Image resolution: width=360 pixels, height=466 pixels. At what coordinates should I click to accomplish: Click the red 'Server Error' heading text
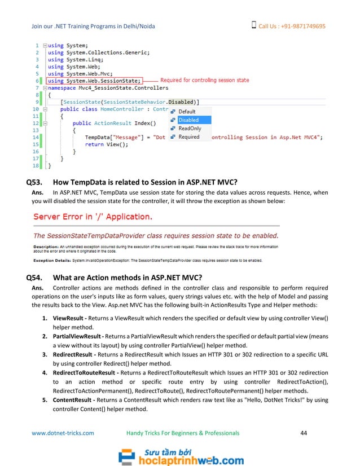(94, 216)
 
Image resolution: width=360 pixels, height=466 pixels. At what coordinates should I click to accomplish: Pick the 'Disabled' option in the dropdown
(188, 120)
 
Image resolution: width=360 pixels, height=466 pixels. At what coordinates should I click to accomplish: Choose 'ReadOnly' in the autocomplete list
(190, 129)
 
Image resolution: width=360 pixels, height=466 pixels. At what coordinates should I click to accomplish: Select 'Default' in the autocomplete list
(187, 112)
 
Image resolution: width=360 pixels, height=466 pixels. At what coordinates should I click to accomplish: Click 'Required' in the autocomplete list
(189, 137)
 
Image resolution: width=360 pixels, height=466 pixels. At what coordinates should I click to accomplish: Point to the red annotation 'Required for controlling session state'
(205, 81)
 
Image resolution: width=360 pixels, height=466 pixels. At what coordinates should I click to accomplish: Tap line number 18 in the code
(36, 166)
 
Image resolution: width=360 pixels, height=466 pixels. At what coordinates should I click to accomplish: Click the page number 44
(304, 433)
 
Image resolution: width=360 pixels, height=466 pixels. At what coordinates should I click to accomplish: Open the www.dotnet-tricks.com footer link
(63, 433)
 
